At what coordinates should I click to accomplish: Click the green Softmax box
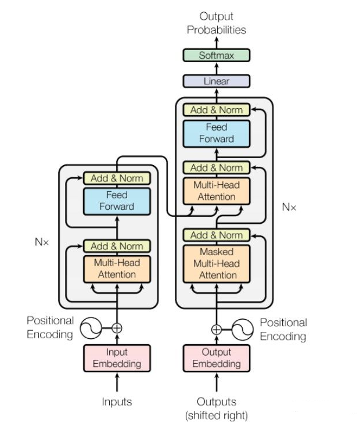[x=217, y=55]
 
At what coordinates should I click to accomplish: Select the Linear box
[x=217, y=81]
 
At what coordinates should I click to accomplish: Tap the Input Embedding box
[x=117, y=358]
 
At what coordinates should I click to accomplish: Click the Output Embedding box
[x=217, y=358]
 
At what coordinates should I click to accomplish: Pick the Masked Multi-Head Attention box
[x=217, y=264]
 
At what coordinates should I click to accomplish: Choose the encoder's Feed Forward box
[x=117, y=201]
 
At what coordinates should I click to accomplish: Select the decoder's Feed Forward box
[x=217, y=134]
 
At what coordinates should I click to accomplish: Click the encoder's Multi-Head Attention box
[x=117, y=269]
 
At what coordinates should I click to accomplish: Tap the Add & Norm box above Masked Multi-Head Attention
[x=217, y=235]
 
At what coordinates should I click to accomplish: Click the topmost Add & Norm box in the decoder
[x=217, y=110]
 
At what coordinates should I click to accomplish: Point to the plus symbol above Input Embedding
[x=117, y=328]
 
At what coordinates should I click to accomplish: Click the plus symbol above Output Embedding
[x=217, y=330]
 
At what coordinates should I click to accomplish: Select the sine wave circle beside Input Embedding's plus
[x=91, y=328]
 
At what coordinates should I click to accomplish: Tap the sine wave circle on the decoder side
[x=243, y=330]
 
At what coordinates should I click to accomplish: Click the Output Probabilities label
[x=217, y=23]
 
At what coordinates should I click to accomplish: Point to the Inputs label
[x=117, y=402]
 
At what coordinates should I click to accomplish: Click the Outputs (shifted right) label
[x=217, y=409]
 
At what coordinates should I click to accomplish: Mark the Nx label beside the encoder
[x=42, y=242]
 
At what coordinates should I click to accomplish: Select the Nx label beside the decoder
[x=289, y=207]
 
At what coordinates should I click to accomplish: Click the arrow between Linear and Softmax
[x=217, y=69]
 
